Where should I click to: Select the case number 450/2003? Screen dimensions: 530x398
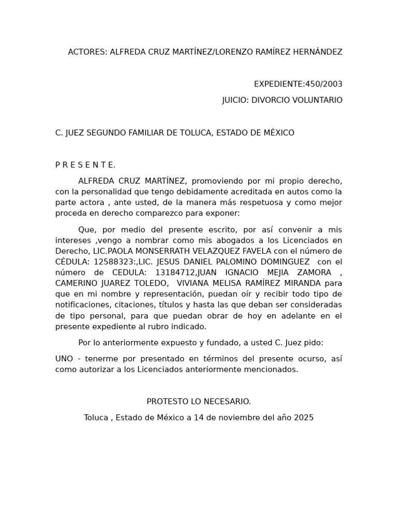click(324, 84)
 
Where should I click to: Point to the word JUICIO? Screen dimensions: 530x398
click(235, 100)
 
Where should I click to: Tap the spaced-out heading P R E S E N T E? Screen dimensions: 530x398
click(85, 165)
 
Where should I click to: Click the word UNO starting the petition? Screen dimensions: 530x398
click(64, 359)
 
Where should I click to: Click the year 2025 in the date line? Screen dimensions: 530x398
click(303, 418)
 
